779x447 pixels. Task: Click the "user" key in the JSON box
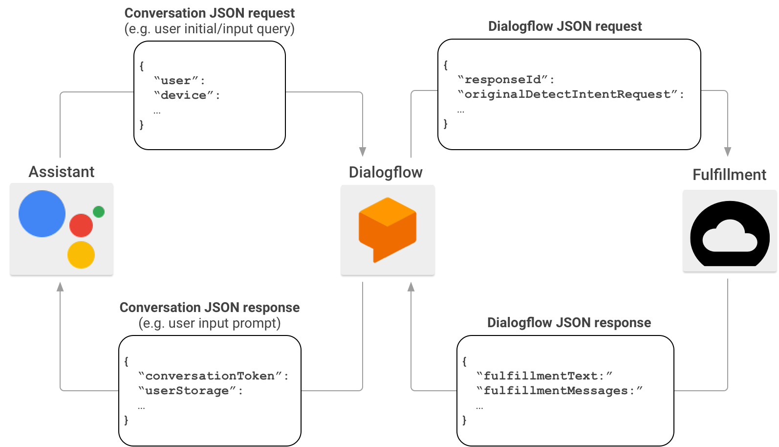[x=176, y=81]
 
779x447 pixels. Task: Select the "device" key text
[x=184, y=95]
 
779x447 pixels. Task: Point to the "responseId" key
[x=503, y=80]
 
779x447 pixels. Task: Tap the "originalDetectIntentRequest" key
[x=567, y=94]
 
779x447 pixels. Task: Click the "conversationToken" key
[x=210, y=376]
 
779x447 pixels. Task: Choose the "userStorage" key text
[x=187, y=391]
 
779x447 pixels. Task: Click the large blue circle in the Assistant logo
[x=42, y=214]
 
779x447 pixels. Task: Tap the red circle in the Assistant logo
[x=81, y=225]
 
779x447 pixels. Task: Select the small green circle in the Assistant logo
[x=99, y=212]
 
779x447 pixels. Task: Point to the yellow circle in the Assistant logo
[x=81, y=255]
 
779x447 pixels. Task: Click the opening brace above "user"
[x=142, y=66]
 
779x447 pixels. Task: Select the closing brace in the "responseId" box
[x=446, y=124]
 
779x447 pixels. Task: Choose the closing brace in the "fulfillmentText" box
[x=464, y=420]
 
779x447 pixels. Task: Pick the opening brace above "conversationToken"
[x=126, y=361]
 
